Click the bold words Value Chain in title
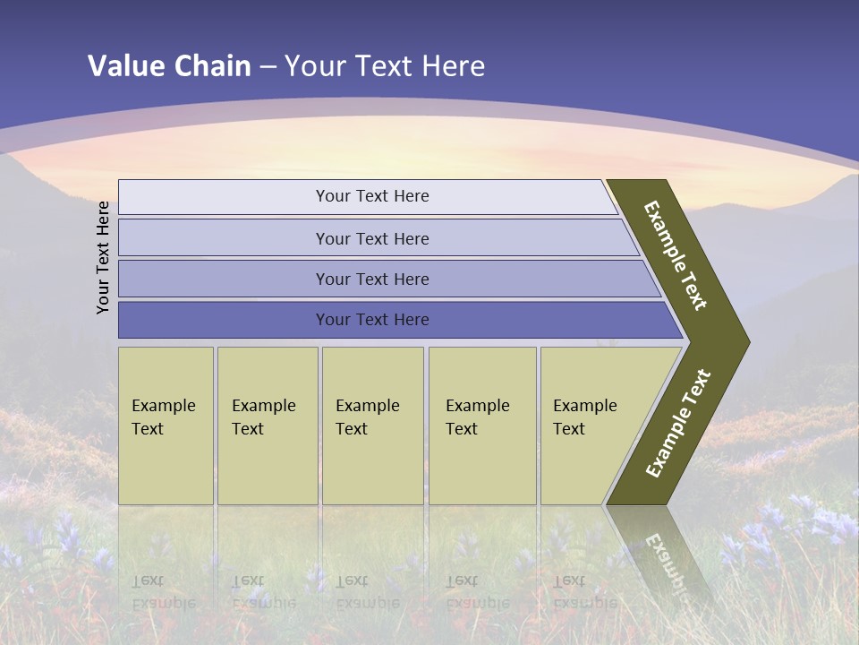[169, 66]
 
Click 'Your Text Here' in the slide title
[385, 66]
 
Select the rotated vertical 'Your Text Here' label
[104, 257]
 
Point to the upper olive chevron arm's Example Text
[676, 255]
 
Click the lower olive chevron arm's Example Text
[678, 423]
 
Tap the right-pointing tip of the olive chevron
[742, 341]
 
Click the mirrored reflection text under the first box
[163, 592]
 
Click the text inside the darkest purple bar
[372, 320]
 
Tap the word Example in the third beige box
[367, 406]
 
